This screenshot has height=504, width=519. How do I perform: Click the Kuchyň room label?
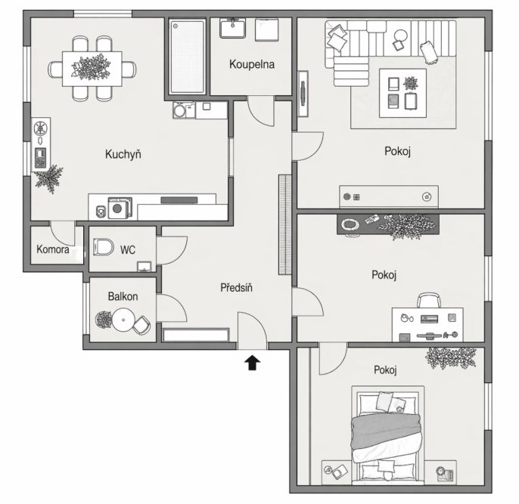click(x=123, y=154)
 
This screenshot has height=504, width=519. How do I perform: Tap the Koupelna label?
click(x=252, y=64)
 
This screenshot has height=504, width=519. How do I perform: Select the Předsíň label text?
click(x=236, y=288)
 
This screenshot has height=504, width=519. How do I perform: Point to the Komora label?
click(x=53, y=249)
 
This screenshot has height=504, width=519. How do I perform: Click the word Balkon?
click(x=123, y=296)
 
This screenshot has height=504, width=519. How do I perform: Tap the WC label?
click(x=128, y=250)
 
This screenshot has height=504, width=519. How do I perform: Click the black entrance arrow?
click(x=252, y=363)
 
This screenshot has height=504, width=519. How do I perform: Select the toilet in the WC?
click(x=103, y=247)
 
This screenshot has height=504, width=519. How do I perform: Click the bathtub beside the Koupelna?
click(x=187, y=57)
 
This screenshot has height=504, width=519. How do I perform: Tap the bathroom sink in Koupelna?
click(x=233, y=28)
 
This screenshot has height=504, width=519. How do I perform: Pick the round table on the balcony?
click(x=123, y=320)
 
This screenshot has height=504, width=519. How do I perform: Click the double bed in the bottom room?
click(x=387, y=435)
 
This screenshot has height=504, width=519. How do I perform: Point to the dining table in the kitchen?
click(x=92, y=69)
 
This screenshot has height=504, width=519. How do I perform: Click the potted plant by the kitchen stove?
click(x=49, y=179)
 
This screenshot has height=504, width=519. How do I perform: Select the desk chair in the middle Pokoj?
click(x=429, y=300)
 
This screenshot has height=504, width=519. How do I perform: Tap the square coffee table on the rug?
click(x=402, y=93)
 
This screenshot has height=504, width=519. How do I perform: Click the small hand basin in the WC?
click(x=145, y=267)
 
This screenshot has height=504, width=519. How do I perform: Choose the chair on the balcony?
click(x=142, y=326)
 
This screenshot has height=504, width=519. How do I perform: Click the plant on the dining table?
click(x=91, y=67)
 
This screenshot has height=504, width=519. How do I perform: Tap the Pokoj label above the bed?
click(x=385, y=369)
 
